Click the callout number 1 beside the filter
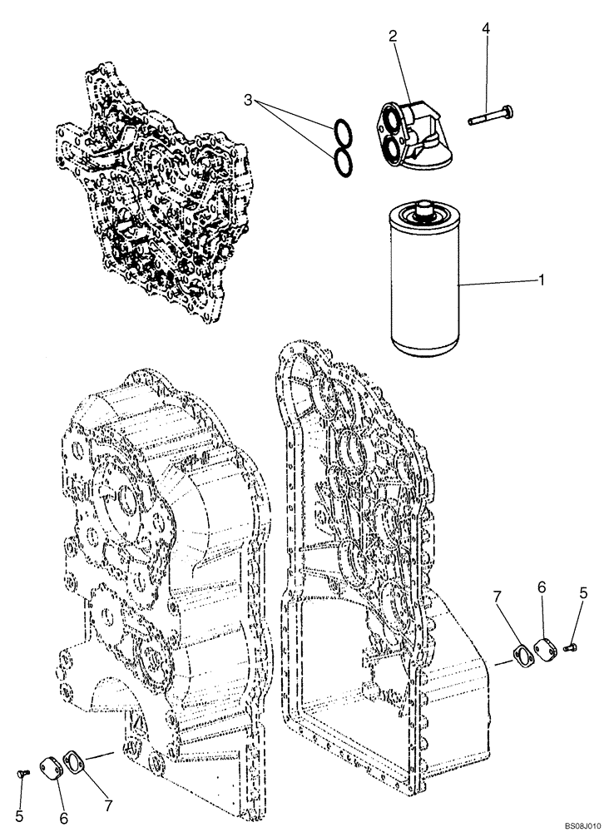click(542, 280)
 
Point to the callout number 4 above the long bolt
click(485, 29)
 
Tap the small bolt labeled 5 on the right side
click(572, 645)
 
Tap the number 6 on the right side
click(541, 587)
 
